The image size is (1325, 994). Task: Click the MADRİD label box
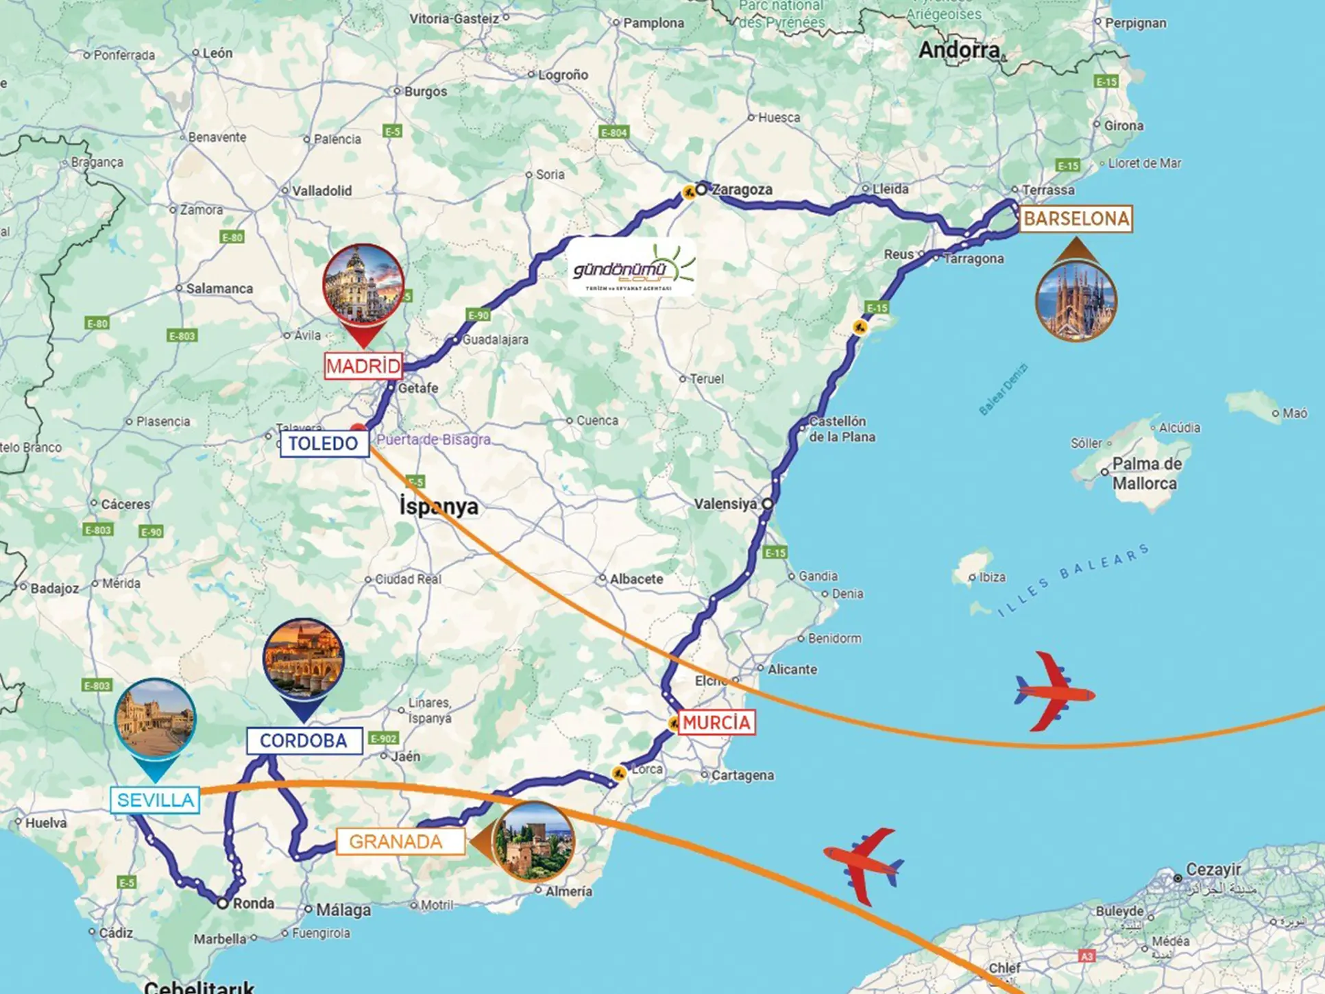click(363, 366)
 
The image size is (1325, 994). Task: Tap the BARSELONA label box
click(1075, 219)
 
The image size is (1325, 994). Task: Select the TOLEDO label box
click(324, 444)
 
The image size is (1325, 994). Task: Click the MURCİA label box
click(716, 723)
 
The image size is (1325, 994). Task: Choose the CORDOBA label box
click(304, 741)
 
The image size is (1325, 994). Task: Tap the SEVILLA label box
click(155, 800)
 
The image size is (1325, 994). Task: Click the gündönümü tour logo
click(632, 267)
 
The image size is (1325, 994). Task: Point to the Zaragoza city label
click(742, 190)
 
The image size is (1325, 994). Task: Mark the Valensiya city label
click(725, 504)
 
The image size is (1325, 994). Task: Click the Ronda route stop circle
click(223, 904)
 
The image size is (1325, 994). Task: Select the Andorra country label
click(958, 50)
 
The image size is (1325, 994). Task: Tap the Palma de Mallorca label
click(1146, 474)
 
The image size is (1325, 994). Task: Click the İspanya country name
click(439, 507)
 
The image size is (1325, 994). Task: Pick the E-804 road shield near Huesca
click(613, 132)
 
